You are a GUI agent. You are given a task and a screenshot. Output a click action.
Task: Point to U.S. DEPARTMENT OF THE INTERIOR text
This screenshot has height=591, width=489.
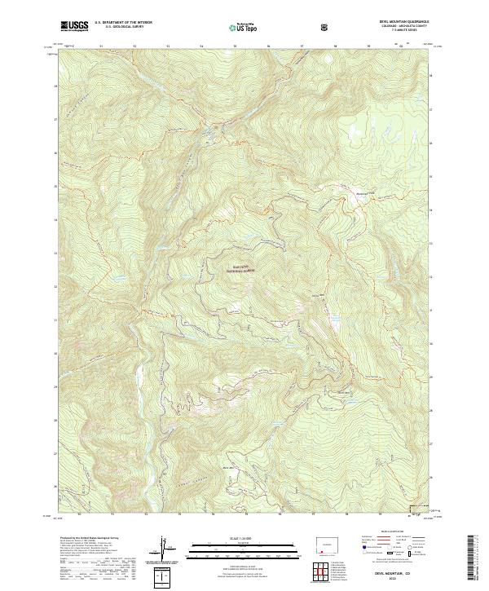pyautogui.click(x=122, y=24)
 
